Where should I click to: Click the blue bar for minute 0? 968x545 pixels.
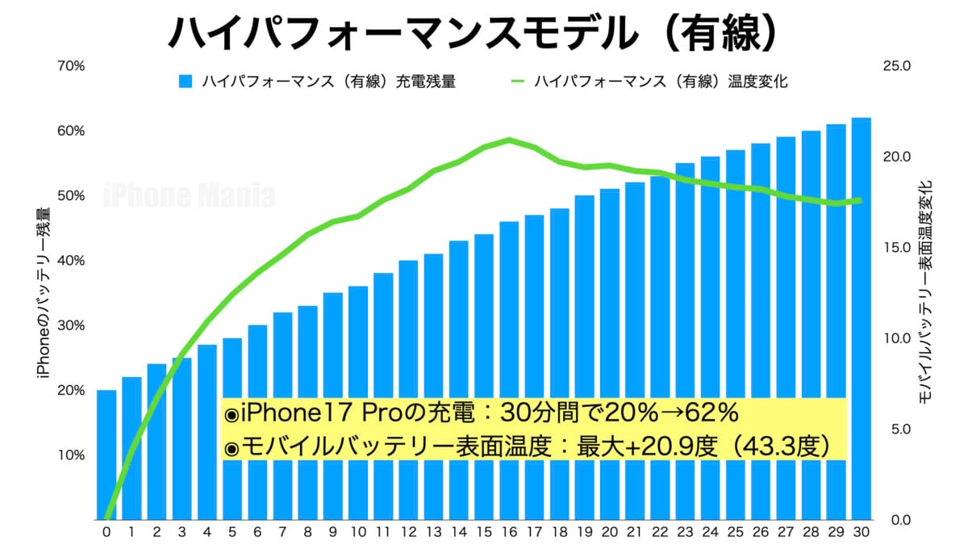click(x=106, y=455)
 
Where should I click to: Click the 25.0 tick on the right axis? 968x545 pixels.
click(x=896, y=66)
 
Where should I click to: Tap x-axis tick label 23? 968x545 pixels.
click(x=685, y=532)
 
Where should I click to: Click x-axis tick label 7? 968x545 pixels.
click(x=282, y=532)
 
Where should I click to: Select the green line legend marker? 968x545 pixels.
click(x=518, y=82)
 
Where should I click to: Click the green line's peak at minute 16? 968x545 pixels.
click(x=509, y=140)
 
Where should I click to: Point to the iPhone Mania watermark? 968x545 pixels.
click(x=190, y=196)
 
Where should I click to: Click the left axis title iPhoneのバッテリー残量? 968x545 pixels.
click(x=42, y=292)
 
